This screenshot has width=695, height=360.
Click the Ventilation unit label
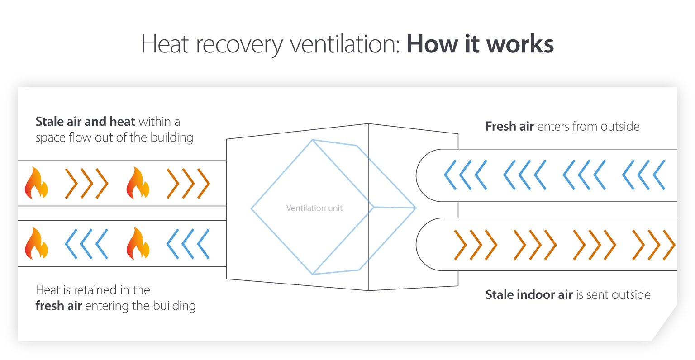(x=314, y=208)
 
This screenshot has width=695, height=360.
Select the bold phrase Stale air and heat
(x=85, y=122)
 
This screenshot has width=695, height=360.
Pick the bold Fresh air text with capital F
(x=509, y=126)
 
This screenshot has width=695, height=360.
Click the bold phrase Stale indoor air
(x=529, y=295)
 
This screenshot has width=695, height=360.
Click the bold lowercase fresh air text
(x=58, y=306)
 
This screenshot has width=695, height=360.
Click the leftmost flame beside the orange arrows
(x=36, y=183)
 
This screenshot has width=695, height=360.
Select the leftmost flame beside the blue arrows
(x=36, y=244)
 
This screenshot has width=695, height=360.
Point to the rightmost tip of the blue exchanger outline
(x=415, y=208)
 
